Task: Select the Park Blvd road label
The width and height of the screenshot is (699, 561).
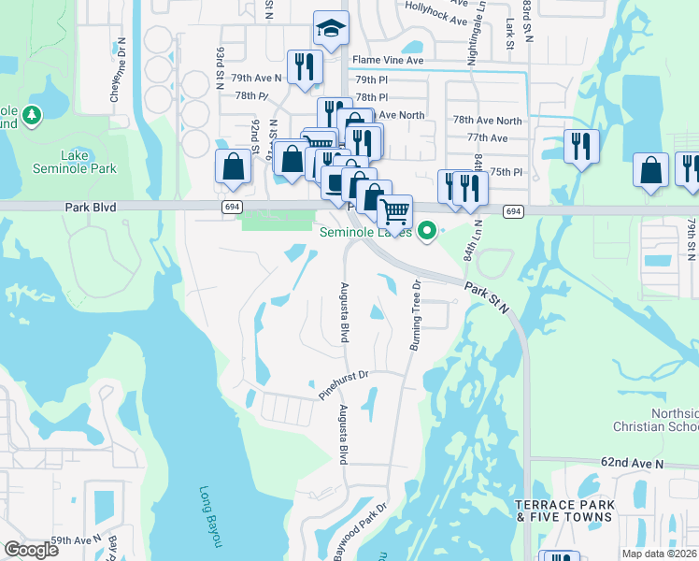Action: [92, 207]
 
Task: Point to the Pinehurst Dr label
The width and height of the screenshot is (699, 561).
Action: [345, 385]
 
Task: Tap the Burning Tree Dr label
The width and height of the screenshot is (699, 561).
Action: [416, 315]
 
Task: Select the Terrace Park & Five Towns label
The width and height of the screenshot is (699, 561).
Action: [565, 511]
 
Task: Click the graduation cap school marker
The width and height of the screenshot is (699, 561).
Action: [330, 30]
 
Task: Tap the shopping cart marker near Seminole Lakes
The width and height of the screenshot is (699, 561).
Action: [395, 212]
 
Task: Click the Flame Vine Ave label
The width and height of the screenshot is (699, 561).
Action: [387, 60]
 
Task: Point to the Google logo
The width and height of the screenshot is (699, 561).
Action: [31, 550]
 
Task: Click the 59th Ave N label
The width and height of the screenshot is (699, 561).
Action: [77, 540]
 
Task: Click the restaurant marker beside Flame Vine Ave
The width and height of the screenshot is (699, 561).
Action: [304, 67]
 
